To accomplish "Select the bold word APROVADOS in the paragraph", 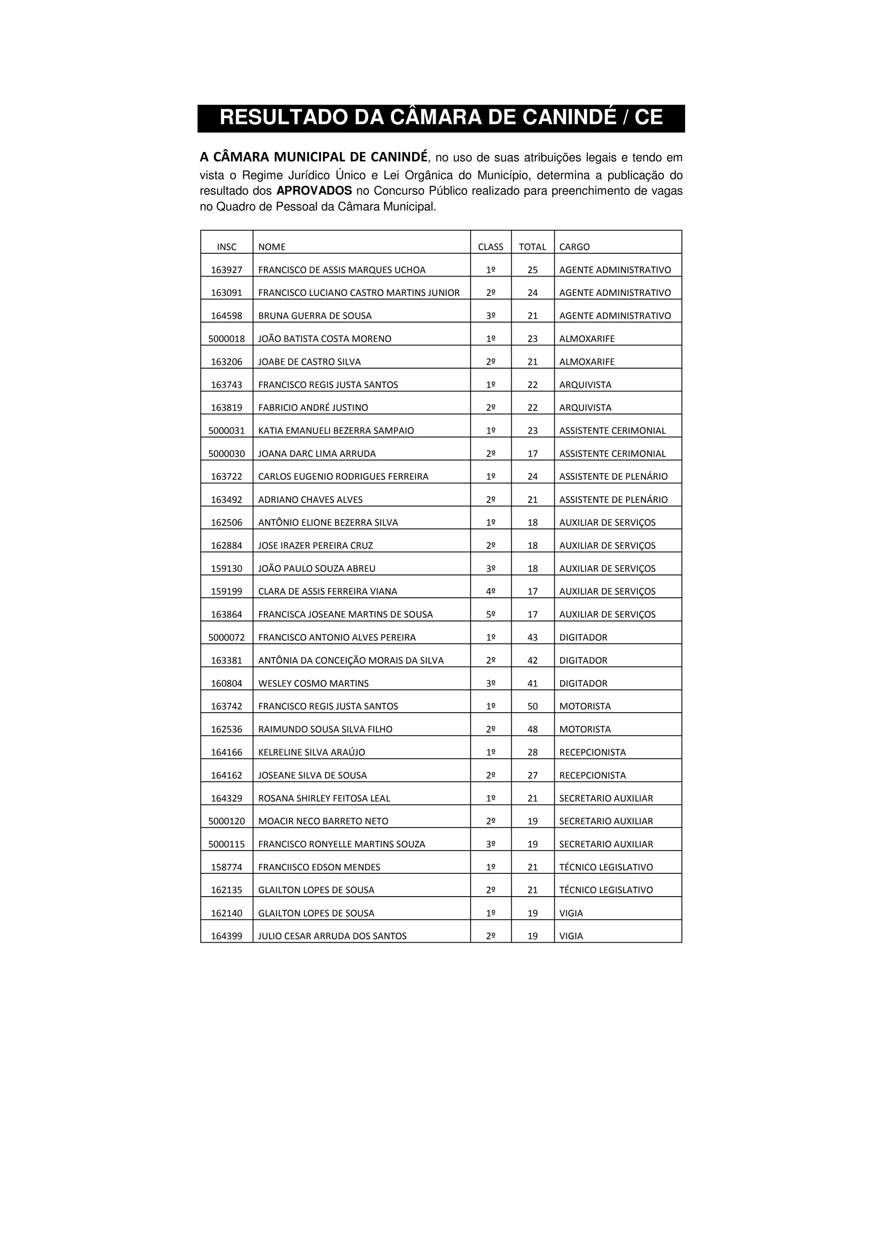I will pyautogui.click(x=314, y=191).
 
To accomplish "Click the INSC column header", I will pyautogui.click(x=227, y=247).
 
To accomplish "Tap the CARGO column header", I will pyautogui.click(x=575, y=247).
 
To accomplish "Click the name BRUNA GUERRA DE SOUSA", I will pyautogui.click(x=315, y=316).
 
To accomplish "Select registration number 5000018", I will pyautogui.click(x=227, y=338).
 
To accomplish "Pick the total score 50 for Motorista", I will pyautogui.click(x=533, y=706).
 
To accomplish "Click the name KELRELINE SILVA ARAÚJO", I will pyautogui.click(x=311, y=752).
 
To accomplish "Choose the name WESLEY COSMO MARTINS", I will pyautogui.click(x=313, y=683).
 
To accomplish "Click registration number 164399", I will pyautogui.click(x=227, y=936).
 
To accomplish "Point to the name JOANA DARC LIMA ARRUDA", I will pyautogui.click(x=317, y=453).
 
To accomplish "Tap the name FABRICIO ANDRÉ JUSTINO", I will pyautogui.click(x=313, y=408).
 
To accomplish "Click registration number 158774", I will pyautogui.click(x=227, y=867).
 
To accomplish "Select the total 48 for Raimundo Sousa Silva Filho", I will pyautogui.click(x=533, y=729).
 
